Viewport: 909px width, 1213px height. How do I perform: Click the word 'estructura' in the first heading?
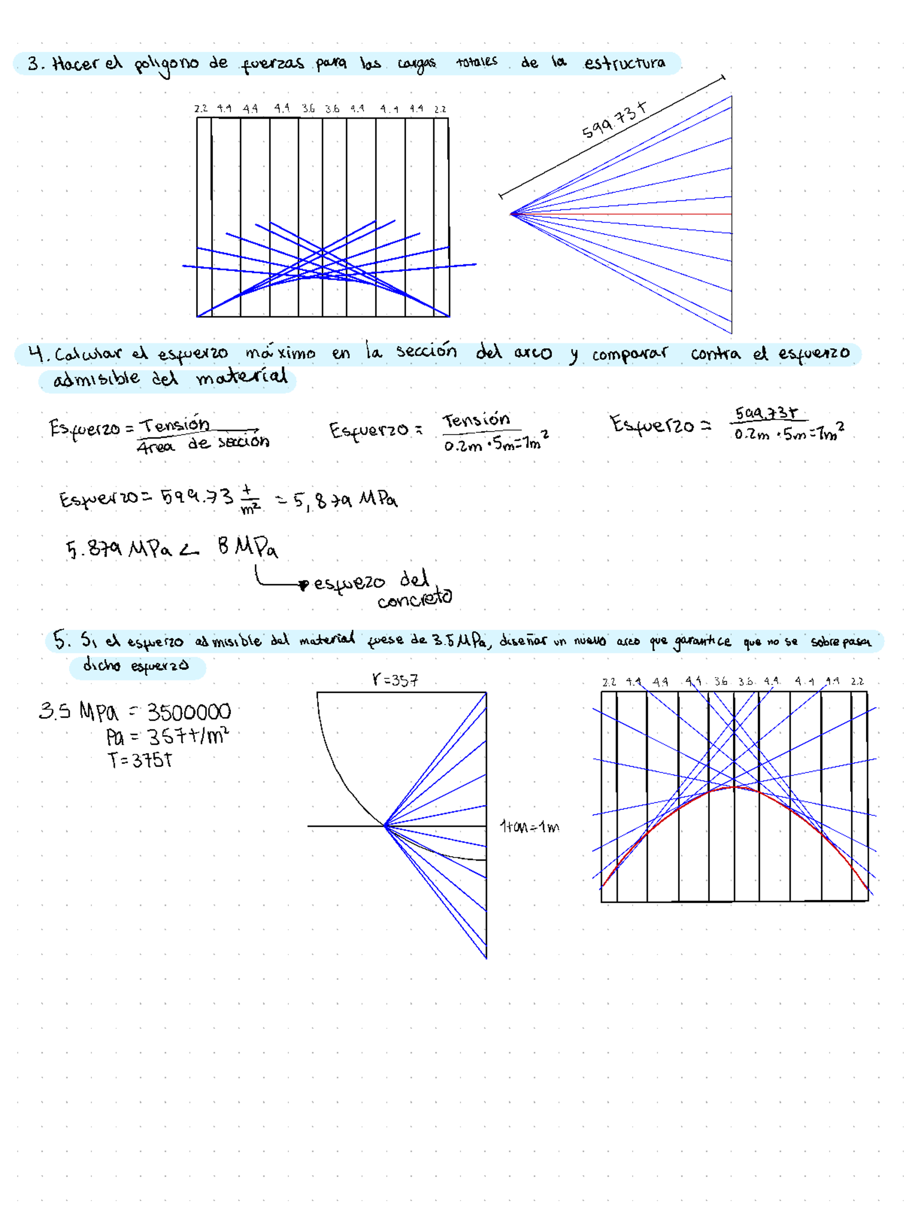point(624,63)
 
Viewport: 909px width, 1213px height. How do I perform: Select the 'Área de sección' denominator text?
point(203,444)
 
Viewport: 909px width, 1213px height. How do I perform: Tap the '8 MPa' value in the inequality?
point(247,547)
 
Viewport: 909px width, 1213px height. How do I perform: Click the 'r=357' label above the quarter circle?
point(395,680)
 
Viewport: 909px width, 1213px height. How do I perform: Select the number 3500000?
point(189,712)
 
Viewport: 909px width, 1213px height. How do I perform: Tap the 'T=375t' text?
point(140,760)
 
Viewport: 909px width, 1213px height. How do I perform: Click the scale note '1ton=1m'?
point(529,827)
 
